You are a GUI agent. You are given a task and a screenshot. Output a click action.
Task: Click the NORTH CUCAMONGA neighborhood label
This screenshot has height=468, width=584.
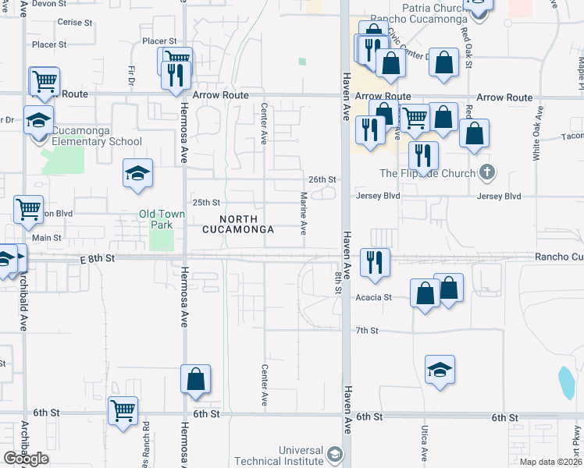click(238, 225)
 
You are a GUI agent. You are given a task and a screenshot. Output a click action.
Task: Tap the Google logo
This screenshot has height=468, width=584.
click(26, 459)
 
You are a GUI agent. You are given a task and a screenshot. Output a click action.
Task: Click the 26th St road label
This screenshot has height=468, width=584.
click(322, 179)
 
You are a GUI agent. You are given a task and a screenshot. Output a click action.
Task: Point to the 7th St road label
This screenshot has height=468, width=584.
click(367, 331)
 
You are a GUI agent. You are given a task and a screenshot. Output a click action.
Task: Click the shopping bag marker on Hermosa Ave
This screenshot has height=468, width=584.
click(195, 380)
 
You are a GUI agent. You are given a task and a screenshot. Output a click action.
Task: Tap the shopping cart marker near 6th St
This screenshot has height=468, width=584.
click(123, 410)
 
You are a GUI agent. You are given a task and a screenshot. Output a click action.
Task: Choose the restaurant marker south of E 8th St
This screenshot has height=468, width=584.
click(375, 262)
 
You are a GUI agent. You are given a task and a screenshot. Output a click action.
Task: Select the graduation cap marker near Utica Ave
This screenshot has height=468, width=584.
click(440, 369)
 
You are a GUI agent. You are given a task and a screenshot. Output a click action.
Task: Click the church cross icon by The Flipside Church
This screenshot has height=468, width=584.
click(487, 172)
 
